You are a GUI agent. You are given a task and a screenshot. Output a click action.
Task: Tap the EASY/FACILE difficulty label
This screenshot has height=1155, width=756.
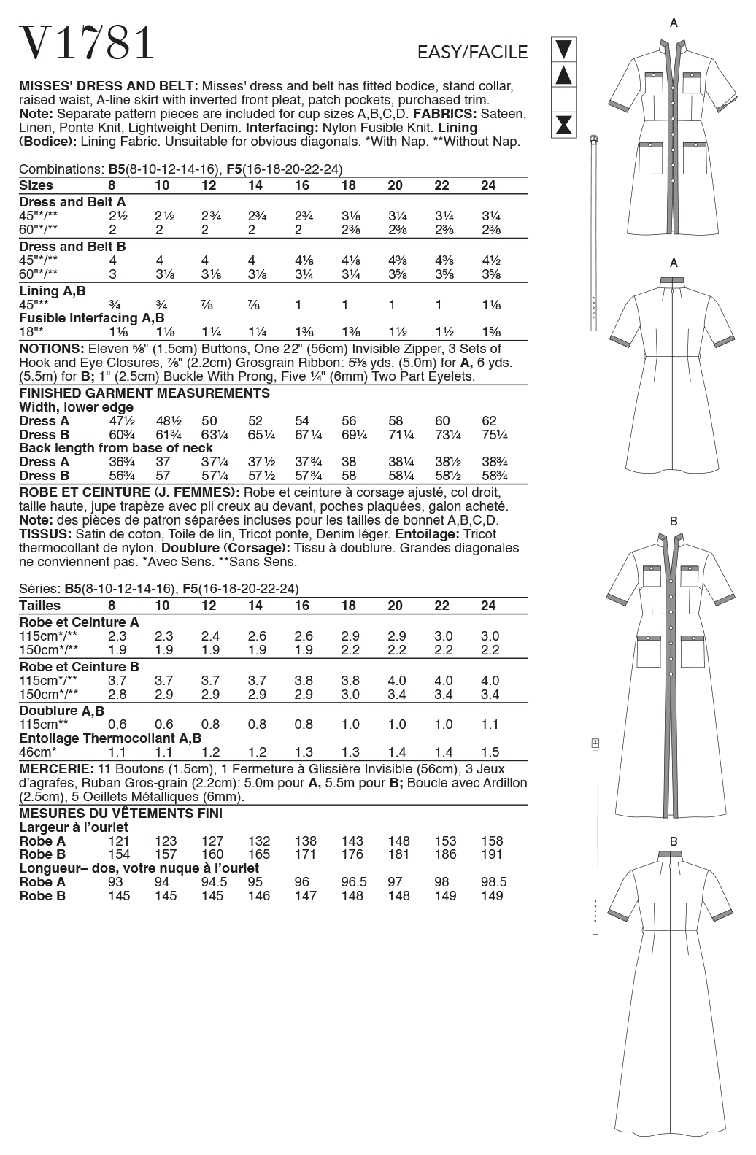[x=472, y=53]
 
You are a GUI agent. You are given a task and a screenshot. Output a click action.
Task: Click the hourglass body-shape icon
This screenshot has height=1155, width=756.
[x=564, y=124]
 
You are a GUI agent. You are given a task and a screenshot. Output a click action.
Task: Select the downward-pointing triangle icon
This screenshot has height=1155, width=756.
[x=564, y=50]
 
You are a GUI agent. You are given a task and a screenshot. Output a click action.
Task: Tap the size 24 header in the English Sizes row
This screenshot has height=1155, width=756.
[x=488, y=185]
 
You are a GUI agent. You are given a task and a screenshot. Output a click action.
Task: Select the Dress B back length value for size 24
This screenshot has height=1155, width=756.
[x=494, y=476]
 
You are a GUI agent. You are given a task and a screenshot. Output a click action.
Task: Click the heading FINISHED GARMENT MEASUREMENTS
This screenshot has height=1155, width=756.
[x=144, y=393]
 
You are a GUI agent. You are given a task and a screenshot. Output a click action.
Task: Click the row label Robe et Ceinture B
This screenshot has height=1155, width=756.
[x=79, y=666]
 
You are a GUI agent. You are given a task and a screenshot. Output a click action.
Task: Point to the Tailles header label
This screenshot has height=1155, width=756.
[x=39, y=606]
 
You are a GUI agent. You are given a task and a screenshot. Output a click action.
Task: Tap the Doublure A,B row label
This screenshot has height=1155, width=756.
[x=61, y=711]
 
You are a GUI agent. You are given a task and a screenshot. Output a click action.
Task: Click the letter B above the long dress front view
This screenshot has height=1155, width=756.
[x=674, y=521]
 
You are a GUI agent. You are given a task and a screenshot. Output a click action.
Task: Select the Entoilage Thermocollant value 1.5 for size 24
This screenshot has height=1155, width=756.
[x=490, y=752]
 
